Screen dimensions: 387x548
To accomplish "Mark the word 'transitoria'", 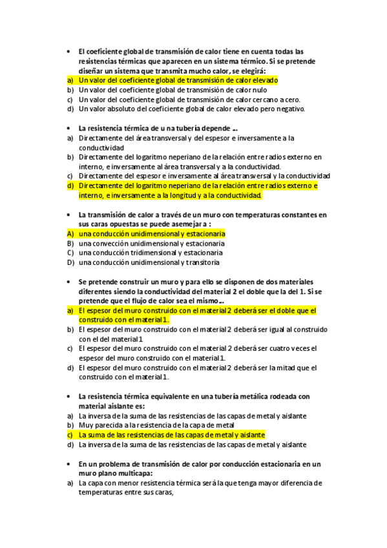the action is click(x=202, y=263).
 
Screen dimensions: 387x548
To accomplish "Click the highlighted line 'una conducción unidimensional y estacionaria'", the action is click(x=152, y=233).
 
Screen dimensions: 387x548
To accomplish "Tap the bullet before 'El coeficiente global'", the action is click(x=68, y=51).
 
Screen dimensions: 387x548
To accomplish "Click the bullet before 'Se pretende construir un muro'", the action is click(x=68, y=282).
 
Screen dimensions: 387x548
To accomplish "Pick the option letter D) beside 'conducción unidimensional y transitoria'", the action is click(x=70, y=263).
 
